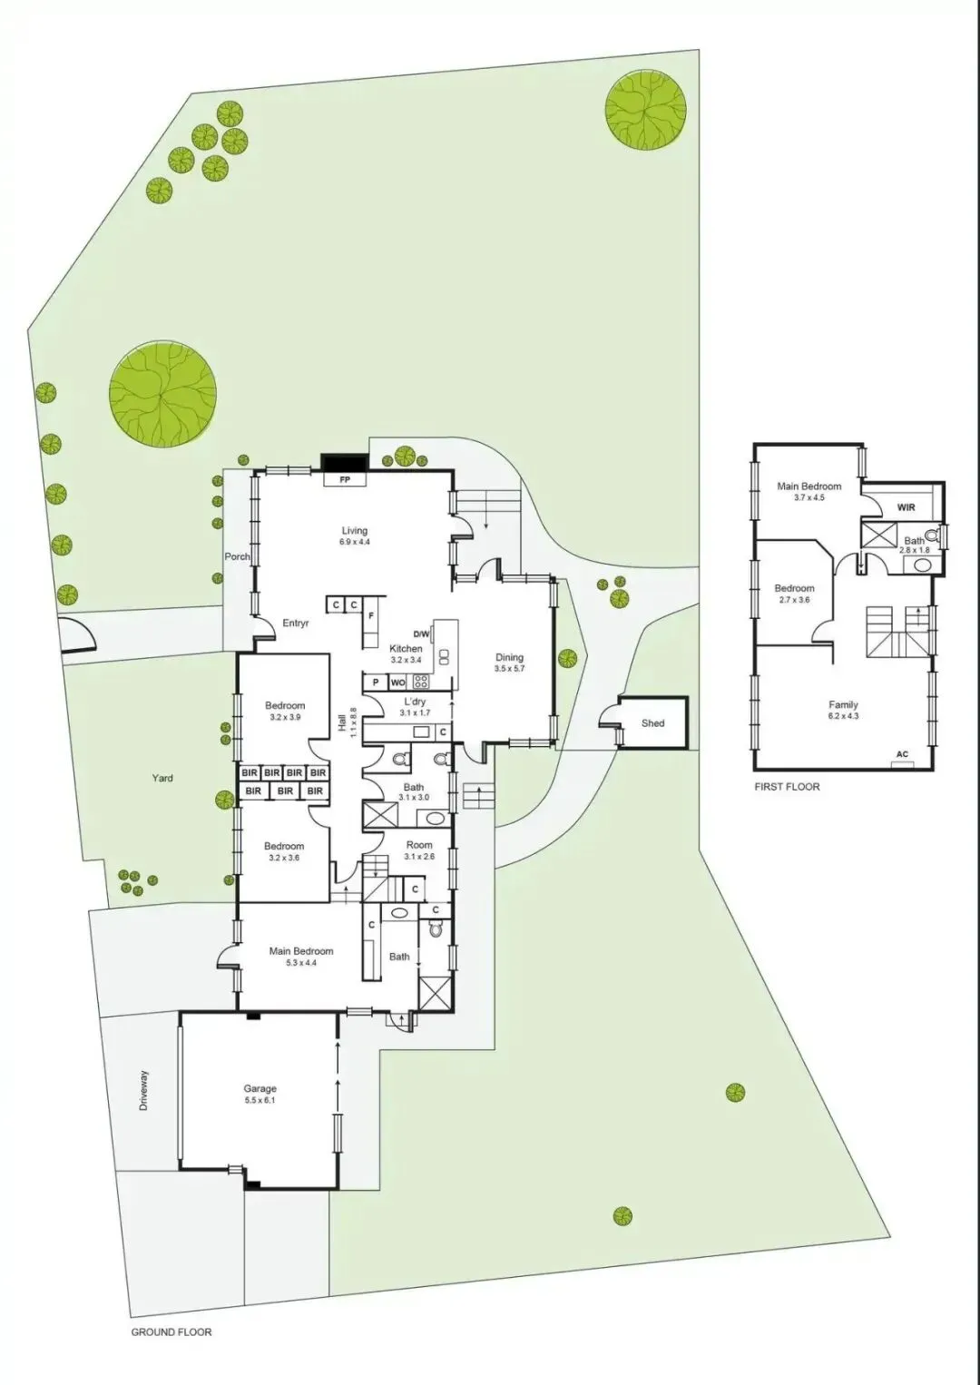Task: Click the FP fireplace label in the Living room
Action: [345, 479]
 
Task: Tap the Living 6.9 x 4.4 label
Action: [354, 535]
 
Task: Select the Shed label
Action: [653, 722]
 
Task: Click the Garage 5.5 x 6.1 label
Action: [260, 1094]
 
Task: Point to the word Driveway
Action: [144, 1091]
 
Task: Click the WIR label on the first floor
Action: [906, 507]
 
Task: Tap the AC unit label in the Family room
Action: [901, 754]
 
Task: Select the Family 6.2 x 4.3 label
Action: [843, 710]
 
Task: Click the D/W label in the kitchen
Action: [421, 634]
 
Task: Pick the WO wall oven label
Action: [397, 683]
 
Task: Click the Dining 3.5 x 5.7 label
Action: [509, 663]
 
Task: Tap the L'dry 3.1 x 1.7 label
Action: [415, 707]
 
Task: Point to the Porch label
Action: [237, 556]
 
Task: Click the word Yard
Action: [162, 778]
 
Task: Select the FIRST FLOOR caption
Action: [787, 787]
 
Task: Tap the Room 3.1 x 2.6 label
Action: [418, 850]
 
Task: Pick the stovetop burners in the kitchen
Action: [421, 683]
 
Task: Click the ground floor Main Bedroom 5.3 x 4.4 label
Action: [301, 957]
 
